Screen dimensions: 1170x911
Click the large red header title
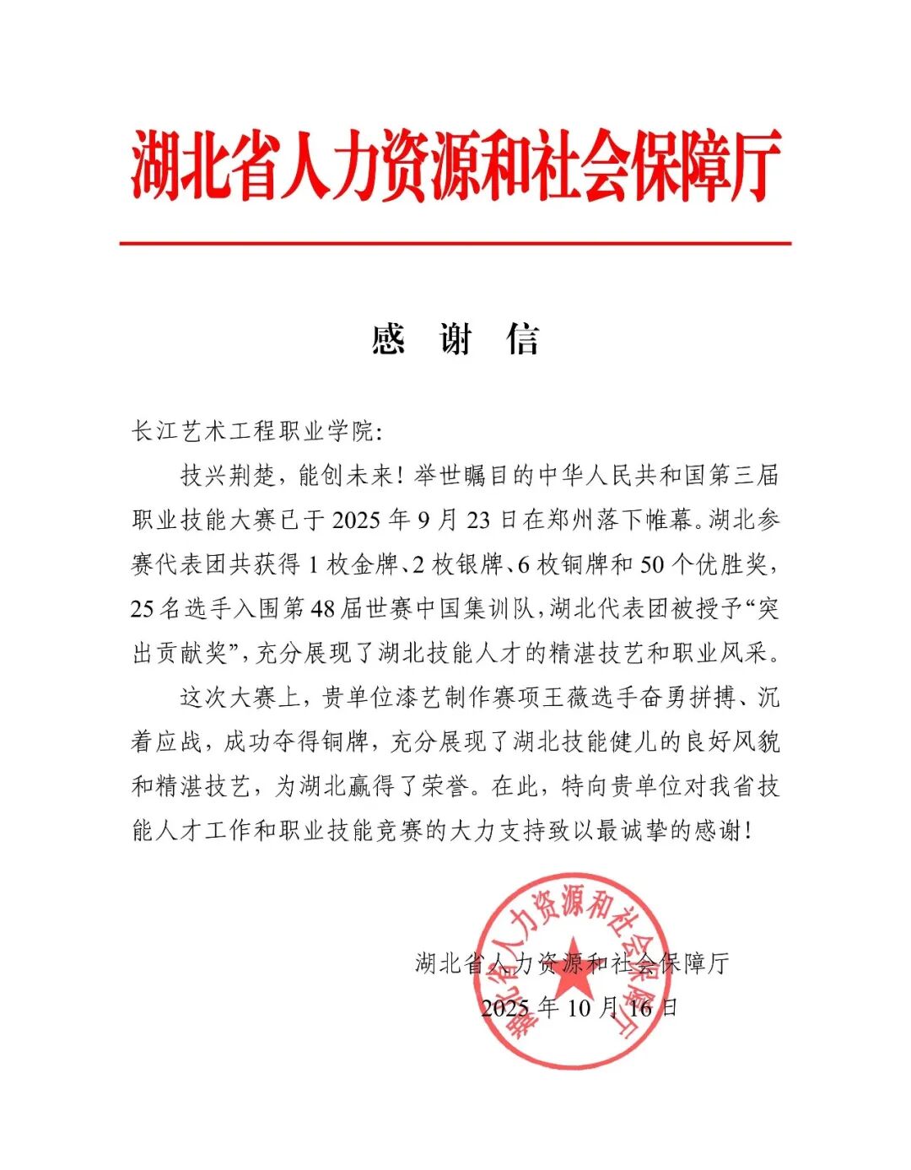click(455, 166)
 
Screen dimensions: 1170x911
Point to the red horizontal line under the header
click(455, 244)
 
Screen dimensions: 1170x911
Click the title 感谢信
click(455, 340)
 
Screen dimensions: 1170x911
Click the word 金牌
click(375, 564)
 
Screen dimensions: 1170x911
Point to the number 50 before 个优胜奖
click(652, 564)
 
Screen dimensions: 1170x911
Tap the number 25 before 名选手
click(142, 608)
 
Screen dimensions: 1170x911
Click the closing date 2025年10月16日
click(579, 1007)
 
